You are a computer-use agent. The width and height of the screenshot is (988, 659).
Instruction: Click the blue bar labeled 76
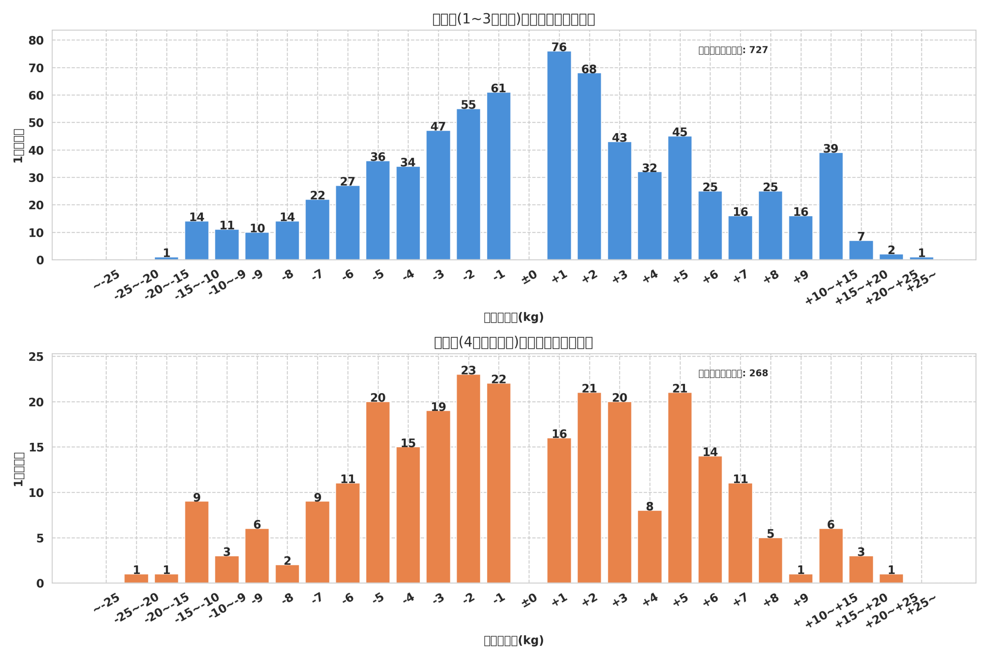tap(559, 156)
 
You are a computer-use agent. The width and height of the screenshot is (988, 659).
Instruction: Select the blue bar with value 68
tap(589, 166)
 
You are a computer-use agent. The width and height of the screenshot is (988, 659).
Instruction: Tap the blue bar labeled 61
tap(499, 176)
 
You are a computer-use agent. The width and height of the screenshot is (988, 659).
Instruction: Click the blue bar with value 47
tap(438, 195)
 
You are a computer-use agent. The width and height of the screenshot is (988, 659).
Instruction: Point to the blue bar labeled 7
tap(861, 250)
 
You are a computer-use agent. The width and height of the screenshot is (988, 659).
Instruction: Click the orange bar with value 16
tap(559, 510)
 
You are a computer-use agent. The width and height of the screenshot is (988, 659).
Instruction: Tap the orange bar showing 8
tap(650, 546)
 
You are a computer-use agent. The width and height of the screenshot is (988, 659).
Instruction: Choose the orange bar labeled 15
tap(408, 515)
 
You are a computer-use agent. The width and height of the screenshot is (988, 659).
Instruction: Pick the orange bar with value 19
tap(438, 497)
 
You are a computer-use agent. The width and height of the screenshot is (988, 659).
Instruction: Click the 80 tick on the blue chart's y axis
tap(36, 41)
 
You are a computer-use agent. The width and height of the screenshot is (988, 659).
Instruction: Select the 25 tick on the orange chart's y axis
tap(36, 357)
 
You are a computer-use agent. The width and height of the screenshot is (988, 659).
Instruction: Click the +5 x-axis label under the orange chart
tap(680, 600)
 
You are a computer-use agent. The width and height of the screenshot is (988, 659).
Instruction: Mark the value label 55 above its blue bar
tap(469, 105)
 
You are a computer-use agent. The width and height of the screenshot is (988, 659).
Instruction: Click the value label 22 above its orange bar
tap(499, 379)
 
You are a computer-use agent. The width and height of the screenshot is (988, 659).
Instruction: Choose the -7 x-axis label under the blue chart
tap(318, 275)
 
